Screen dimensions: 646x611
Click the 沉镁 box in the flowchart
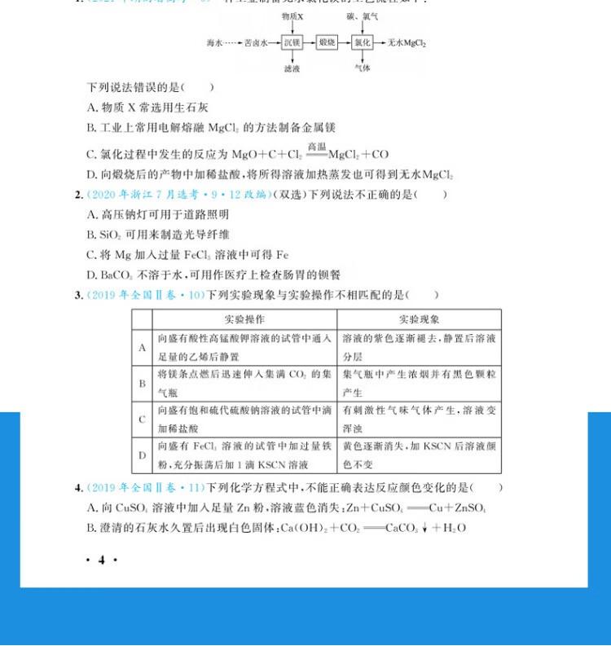[x=292, y=42]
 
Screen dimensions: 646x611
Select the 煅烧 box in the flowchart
[x=327, y=42]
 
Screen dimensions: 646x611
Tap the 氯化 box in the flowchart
[x=362, y=42]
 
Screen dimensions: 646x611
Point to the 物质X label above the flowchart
[x=292, y=16]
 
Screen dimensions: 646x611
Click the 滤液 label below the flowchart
[x=292, y=68]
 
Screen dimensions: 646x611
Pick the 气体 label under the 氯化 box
[x=362, y=68]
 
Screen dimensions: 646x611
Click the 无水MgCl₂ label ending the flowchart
[x=407, y=42]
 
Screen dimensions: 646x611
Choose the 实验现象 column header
[x=419, y=319]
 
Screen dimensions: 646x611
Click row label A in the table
[x=142, y=348]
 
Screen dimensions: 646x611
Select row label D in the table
[x=142, y=455]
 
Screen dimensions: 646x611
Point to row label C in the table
[x=142, y=420]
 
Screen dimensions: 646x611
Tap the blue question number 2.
[x=78, y=195]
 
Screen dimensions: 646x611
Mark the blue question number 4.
[x=78, y=488]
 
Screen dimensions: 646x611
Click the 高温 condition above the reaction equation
[x=316, y=147]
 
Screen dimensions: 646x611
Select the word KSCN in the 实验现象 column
[x=440, y=446]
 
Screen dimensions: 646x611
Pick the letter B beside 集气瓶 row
[x=142, y=383]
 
